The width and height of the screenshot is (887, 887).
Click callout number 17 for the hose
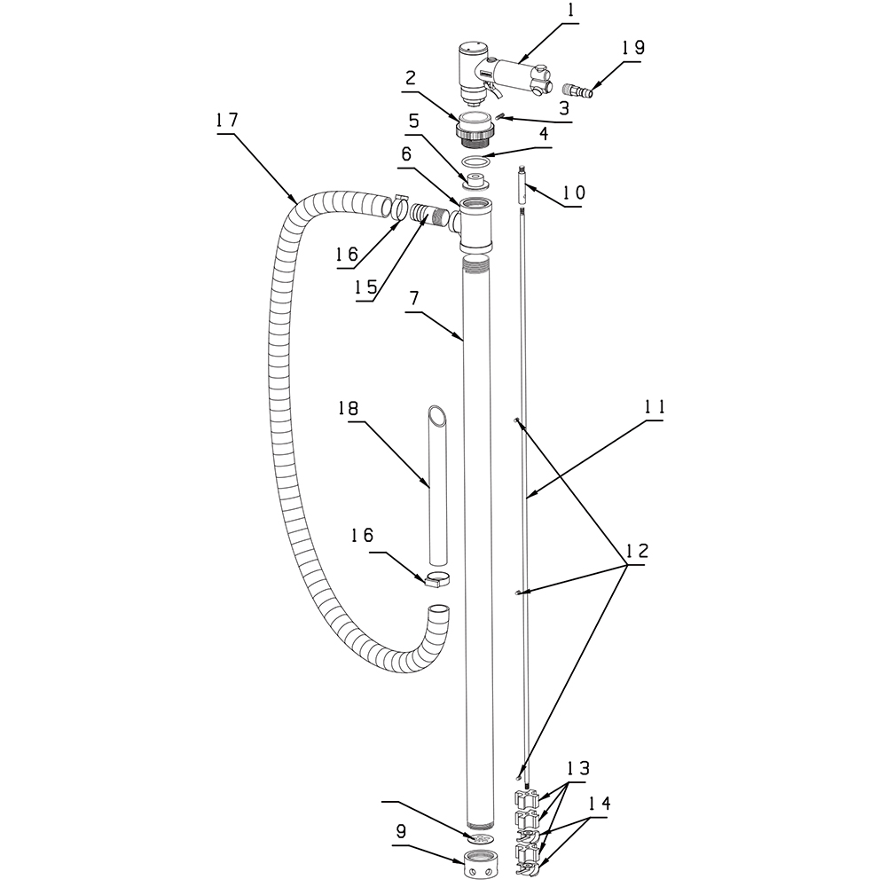[227, 121]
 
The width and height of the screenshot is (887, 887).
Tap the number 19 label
[633, 48]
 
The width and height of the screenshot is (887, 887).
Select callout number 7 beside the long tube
[414, 297]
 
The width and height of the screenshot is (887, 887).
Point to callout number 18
[349, 408]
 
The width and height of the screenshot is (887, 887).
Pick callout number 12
[638, 551]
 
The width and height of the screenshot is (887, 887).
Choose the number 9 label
[401, 831]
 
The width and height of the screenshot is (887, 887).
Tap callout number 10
[574, 192]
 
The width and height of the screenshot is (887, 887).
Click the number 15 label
[366, 287]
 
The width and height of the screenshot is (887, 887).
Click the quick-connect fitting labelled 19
[576, 90]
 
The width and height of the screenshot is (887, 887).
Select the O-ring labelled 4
[474, 161]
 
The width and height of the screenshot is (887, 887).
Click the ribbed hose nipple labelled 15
[427, 216]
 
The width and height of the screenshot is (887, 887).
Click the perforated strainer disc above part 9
[480, 837]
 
